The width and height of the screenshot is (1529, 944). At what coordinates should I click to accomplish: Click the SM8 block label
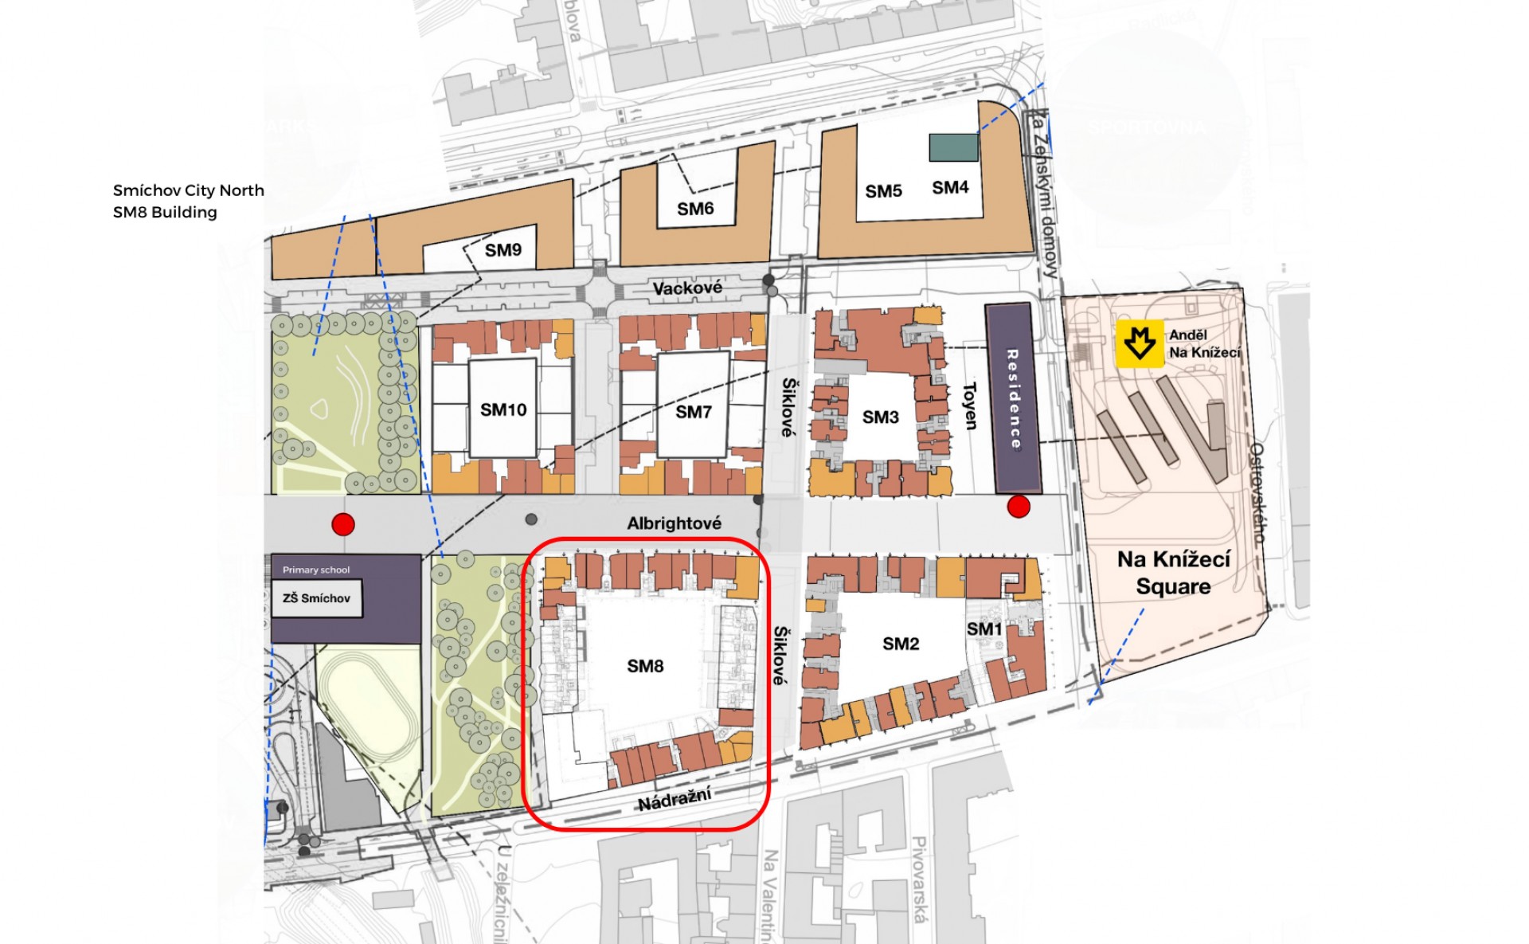(x=645, y=666)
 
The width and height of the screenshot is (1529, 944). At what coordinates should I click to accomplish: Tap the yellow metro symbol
(x=1140, y=343)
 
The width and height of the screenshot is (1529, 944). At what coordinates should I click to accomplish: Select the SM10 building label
(x=503, y=409)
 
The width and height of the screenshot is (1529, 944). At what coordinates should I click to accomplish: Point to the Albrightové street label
(x=674, y=523)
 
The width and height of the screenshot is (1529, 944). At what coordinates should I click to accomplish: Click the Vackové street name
(x=687, y=288)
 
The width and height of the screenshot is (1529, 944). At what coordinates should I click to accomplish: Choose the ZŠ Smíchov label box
(x=317, y=598)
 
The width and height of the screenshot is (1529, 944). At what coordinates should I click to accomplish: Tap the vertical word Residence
(x=1014, y=398)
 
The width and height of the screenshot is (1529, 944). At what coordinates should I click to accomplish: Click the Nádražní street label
(x=674, y=798)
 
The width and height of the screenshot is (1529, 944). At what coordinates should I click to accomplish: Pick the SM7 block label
(x=693, y=412)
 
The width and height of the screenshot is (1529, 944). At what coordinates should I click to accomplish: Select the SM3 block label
(x=880, y=417)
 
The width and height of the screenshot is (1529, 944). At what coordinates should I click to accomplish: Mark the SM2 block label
(x=901, y=644)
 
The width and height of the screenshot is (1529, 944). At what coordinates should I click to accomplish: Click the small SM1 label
(x=984, y=629)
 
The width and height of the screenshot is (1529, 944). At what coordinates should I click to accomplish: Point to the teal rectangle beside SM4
(x=953, y=147)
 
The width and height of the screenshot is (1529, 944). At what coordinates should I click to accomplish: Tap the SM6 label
(x=695, y=209)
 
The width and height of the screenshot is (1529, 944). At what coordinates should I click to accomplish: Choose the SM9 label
(x=503, y=250)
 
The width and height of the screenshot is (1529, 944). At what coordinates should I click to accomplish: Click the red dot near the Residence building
(x=1019, y=506)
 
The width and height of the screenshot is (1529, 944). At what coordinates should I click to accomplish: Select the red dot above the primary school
(x=343, y=524)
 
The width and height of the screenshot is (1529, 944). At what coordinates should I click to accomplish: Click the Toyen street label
(x=970, y=406)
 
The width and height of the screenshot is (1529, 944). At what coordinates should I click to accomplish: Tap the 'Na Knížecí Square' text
(x=1173, y=573)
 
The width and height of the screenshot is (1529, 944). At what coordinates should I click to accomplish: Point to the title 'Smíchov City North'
(x=188, y=190)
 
